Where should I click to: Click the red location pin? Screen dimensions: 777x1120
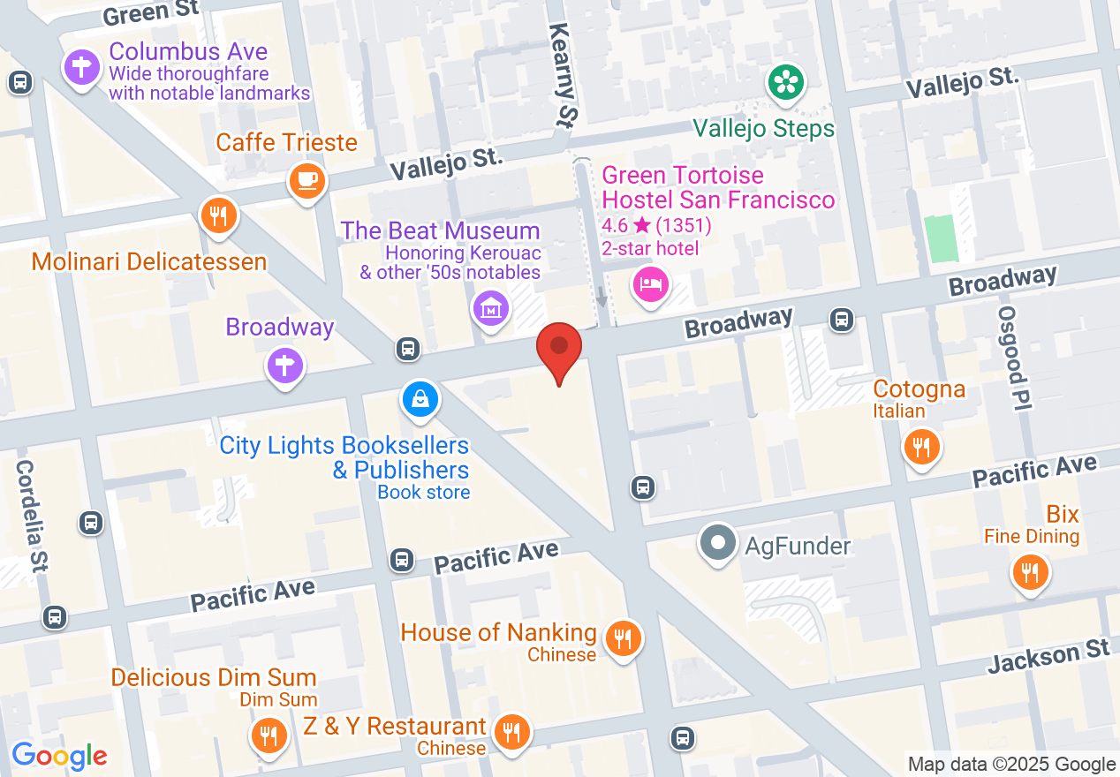click(559, 350)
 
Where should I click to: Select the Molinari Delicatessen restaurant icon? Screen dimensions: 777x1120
click(219, 216)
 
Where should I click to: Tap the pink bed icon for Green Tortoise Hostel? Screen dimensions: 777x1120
click(650, 284)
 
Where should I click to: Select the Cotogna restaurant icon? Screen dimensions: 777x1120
click(921, 447)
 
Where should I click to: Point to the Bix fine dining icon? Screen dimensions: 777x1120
click(1029, 572)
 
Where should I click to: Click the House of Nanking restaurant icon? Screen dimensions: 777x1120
click(624, 638)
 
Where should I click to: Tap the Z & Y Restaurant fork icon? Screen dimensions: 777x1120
click(511, 732)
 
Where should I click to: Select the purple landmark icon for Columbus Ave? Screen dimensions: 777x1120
click(82, 67)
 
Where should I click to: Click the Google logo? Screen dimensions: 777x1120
click(59, 756)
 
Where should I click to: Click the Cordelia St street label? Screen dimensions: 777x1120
click(33, 517)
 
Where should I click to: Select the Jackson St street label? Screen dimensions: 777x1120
click(1048, 658)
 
